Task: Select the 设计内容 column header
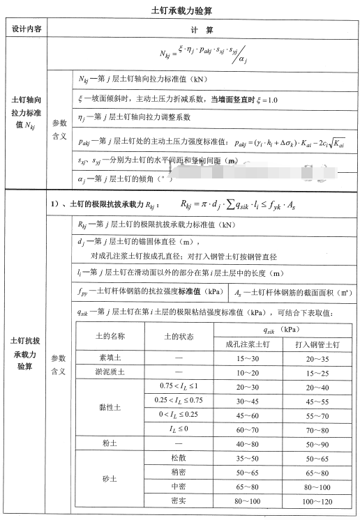point(27,31)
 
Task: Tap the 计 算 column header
point(202,31)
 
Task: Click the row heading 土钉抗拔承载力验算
point(27,353)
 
